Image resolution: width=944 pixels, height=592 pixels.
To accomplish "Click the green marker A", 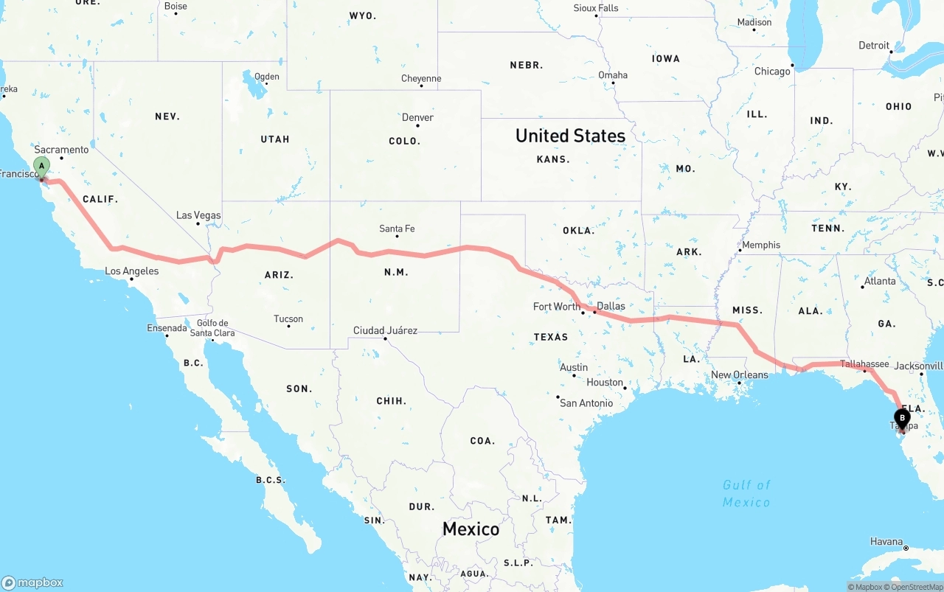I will pyautogui.click(x=42, y=167).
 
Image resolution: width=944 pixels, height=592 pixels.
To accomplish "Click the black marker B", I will pyautogui.click(x=902, y=418).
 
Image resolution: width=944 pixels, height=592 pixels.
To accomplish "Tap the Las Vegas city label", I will pyautogui.click(x=198, y=215).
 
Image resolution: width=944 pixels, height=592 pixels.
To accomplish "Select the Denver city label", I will pyautogui.click(x=417, y=117).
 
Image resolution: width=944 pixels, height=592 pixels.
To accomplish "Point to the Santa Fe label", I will pyautogui.click(x=397, y=229).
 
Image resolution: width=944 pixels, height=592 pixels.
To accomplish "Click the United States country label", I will pyautogui.click(x=570, y=136).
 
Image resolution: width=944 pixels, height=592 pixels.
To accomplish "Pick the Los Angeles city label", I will pyautogui.click(x=131, y=271).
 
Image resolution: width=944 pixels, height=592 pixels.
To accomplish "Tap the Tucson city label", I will pyautogui.click(x=288, y=318).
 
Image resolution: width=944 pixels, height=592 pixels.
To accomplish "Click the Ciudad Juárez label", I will pyautogui.click(x=385, y=330).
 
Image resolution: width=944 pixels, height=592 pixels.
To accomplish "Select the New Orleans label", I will pyautogui.click(x=739, y=375).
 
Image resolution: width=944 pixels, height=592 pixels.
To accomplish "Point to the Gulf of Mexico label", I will pyautogui.click(x=746, y=493).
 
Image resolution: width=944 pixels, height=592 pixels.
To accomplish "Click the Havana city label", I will pyautogui.click(x=886, y=541).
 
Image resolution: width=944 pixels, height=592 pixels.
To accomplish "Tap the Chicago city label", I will pyautogui.click(x=772, y=72).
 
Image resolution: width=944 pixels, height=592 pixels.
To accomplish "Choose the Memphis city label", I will pyautogui.click(x=760, y=245).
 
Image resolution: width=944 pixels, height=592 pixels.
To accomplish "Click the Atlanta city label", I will pyautogui.click(x=880, y=281).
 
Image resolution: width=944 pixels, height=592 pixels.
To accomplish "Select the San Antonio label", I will pyautogui.click(x=586, y=403).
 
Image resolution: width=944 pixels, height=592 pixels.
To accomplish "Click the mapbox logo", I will pyautogui.click(x=32, y=582).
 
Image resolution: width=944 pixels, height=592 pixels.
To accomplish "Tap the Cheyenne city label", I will pyautogui.click(x=421, y=78).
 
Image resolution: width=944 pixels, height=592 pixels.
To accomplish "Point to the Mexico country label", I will pyautogui.click(x=471, y=529).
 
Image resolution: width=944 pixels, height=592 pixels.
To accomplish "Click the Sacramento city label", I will pyautogui.click(x=61, y=150).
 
